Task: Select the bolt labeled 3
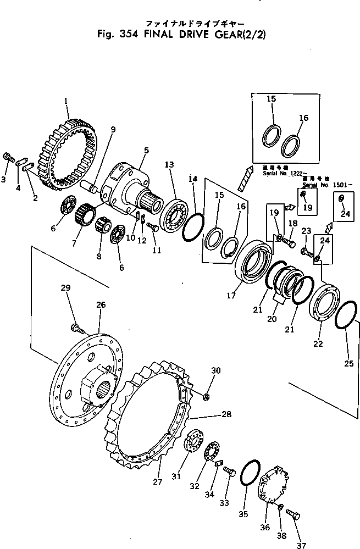(8, 157)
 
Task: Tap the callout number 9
(113, 130)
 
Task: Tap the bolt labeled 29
(77, 329)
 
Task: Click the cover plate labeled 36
(273, 484)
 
